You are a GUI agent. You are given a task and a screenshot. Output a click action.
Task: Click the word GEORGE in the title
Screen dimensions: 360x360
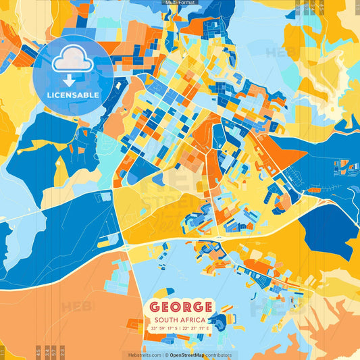pos(181,307)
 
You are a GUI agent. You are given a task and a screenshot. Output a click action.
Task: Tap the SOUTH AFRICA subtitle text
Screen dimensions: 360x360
pos(180,319)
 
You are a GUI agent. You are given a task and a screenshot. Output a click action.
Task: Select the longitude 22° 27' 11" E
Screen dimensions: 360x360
pos(197,328)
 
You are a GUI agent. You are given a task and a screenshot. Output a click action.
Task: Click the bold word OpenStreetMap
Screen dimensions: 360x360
pos(188,355)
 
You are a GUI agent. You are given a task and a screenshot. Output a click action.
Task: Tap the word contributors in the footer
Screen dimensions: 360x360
pos(218,355)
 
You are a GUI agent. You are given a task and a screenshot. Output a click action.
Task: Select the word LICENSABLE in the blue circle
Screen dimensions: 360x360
pos(72,95)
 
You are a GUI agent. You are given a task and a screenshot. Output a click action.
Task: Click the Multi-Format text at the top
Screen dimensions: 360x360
pos(180,3)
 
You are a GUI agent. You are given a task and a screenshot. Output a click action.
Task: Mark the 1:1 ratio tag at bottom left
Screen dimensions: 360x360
pos(3,351)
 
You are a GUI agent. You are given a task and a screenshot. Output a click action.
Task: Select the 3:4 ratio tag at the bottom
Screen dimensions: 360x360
pos(36,351)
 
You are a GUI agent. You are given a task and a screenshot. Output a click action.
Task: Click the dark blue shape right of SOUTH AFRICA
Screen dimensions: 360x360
pos(221,317)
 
